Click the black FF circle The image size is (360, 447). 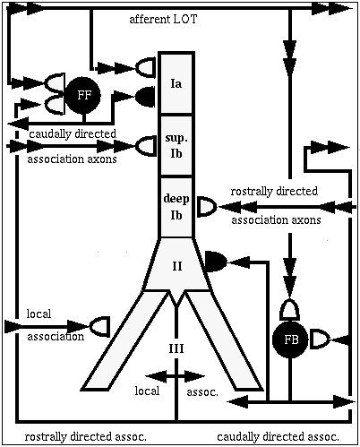(x=83, y=96)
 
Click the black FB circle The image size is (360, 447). (x=290, y=340)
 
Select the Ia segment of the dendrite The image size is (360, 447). (x=176, y=83)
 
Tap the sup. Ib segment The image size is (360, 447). (x=176, y=145)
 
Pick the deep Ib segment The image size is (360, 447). (x=176, y=207)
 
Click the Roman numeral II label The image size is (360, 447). (x=177, y=266)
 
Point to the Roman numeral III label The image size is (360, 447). (x=176, y=348)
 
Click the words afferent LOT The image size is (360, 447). (x=163, y=20)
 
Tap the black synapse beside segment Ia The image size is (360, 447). (x=145, y=97)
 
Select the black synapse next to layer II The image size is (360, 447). (x=216, y=262)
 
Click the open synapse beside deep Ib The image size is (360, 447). (x=208, y=207)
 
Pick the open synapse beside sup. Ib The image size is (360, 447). (x=146, y=146)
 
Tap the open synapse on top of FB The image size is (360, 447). (x=289, y=309)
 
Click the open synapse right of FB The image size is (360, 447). (x=320, y=339)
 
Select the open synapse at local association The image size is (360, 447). (x=99, y=326)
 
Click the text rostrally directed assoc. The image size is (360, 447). (x=86, y=437)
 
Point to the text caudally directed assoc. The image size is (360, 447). (x=278, y=437)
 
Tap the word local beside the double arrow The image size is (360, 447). (x=147, y=391)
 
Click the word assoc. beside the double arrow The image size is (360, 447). (x=202, y=392)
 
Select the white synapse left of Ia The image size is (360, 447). (x=146, y=68)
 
